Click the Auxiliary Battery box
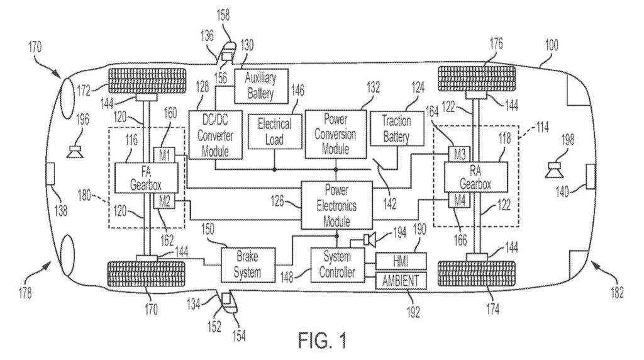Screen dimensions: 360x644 (260, 84)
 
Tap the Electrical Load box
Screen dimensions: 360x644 (274, 131)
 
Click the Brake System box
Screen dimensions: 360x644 (247, 264)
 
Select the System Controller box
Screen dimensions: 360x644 (337, 264)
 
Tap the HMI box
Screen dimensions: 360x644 (401, 259)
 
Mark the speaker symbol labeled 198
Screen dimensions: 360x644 (554, 168)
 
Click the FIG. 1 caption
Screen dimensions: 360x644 (322, 342)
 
